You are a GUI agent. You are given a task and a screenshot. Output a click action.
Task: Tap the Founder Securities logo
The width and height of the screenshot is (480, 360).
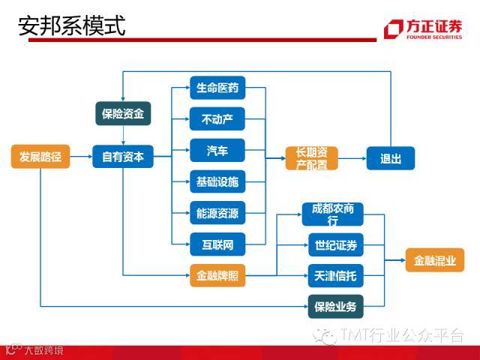click(423, 28)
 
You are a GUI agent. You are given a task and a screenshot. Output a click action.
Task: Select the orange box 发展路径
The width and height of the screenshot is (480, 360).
click(40, 157)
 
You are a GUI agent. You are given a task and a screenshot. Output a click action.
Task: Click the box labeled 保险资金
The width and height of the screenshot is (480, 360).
click(123, 114)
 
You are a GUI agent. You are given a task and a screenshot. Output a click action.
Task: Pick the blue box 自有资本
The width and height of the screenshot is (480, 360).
click(123, 157)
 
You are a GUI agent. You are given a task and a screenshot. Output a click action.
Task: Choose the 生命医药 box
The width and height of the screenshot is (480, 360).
click(217, 88)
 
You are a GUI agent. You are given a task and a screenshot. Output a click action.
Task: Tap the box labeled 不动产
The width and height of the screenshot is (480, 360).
click(217, 118)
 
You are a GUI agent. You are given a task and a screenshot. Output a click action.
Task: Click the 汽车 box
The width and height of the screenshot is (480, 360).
click(217, 150)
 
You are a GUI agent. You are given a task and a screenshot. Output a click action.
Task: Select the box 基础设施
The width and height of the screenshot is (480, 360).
click(217, 181)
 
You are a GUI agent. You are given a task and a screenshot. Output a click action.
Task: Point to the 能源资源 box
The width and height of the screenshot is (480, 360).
click(217, 213)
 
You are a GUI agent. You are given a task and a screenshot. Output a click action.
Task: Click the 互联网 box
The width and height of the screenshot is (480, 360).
click(217, 244)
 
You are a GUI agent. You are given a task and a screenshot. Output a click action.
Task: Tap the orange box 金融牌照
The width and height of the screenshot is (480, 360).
click(217, 276)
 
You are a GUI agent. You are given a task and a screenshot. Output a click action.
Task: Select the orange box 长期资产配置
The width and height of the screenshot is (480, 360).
click(312, 158)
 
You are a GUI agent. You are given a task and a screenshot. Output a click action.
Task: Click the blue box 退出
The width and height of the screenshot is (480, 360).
click(391, 158)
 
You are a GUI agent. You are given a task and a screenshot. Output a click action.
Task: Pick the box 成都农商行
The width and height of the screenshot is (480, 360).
click(333, 214)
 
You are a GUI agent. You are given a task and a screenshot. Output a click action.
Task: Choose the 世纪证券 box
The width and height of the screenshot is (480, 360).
click(333, 245)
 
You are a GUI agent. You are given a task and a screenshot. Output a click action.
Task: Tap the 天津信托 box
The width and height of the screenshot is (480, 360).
click(333, 276)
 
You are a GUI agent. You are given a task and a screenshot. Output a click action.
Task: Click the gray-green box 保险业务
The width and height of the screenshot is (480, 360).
click(333, 305)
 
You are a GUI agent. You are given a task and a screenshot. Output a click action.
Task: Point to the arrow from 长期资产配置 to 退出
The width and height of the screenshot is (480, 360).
click(352, 158)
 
